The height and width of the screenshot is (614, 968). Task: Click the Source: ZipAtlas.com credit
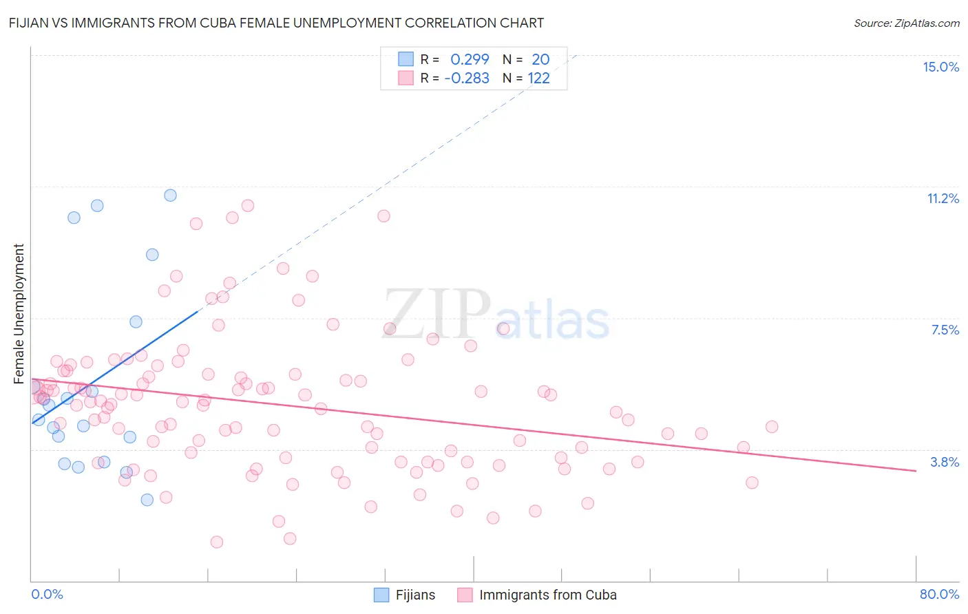[906, 23]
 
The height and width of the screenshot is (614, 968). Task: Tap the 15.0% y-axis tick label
[940, 67]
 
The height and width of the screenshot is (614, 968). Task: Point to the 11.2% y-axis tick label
[943, 198]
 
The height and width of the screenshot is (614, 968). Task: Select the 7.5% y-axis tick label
[945, 330]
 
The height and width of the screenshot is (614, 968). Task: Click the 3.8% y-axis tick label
[945, 462]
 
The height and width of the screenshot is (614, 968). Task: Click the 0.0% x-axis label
[47, 594]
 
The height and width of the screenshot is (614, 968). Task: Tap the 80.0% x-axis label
[939, 594]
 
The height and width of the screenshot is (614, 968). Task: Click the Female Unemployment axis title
[19, 314]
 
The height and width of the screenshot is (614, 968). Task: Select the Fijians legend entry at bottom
[414, 595]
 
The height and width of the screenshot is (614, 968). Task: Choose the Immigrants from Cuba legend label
[547, 595]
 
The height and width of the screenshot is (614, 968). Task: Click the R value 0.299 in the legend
[470, 60]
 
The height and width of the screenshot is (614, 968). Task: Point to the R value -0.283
[467, 78]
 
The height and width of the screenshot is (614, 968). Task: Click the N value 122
[538, 78]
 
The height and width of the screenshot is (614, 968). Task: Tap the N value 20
[540, 60]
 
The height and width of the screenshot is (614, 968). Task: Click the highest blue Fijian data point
[170, 195]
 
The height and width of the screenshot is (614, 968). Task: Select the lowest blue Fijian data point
[147, 500]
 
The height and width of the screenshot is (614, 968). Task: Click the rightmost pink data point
[772, 427]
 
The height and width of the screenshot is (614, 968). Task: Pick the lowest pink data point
[217, 542]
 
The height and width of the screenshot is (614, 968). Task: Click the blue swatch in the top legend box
[406, 59]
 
